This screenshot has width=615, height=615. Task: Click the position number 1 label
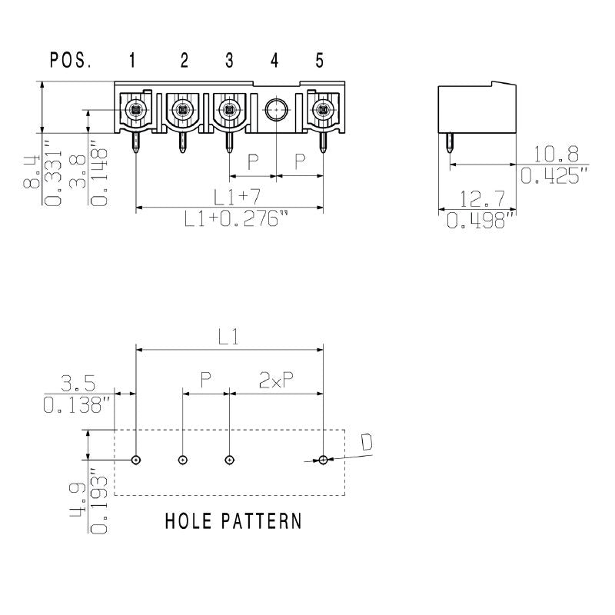tap(133, 60)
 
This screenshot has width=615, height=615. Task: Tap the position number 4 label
tap(274, 60)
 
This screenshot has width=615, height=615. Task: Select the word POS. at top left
tap(70, 60)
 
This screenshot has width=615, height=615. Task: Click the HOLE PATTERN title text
tap(234, 521)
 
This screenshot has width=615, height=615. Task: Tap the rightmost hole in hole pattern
tap(324, 460)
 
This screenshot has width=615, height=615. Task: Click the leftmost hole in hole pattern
tap(136, 460)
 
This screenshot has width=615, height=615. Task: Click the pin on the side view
tap(448, 146)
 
